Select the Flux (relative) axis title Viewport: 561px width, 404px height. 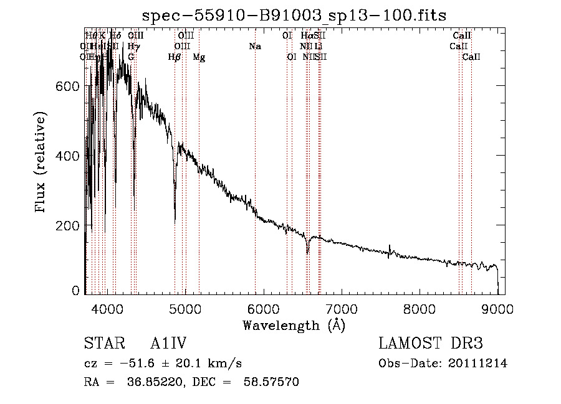coord(41,163)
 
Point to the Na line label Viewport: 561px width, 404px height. coord(254,47)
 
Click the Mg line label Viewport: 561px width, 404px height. coord(199,57)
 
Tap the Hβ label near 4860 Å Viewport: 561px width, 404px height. coord(175,57)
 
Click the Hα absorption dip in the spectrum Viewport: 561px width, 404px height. coord(307,252)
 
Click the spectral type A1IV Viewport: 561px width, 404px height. coord(168,344)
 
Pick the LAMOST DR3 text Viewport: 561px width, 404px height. coord(430,344)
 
